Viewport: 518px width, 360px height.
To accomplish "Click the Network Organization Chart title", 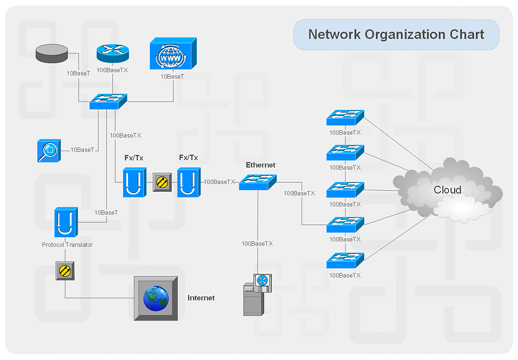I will pos(396,35).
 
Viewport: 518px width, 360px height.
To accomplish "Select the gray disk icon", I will pos(52,53).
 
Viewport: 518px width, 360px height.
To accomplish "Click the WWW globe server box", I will pos(172,54).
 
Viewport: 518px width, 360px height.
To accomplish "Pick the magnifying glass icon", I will pos(49,150).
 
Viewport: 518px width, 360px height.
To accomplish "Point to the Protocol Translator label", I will pos(67,244).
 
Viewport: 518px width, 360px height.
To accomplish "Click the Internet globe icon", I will pos(156,298).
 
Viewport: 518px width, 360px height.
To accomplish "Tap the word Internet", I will pos(201,298).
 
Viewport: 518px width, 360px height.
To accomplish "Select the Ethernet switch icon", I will pos(257,182).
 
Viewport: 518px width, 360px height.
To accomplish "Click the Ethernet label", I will pos(261,165).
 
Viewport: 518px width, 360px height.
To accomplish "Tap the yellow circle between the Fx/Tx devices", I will pos(162,182).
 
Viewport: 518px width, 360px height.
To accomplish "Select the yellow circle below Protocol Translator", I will pos(65,270).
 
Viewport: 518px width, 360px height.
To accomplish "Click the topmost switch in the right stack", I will pos(345,118).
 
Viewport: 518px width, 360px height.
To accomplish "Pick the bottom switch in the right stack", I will pos(345,261).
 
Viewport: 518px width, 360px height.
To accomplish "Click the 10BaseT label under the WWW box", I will pos(172,77).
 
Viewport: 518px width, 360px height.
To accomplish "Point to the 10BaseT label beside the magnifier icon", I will pos(82,150).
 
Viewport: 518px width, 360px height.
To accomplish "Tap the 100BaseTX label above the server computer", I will pos(257,243).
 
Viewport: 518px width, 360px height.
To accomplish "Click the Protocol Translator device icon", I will pos(66,223).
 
